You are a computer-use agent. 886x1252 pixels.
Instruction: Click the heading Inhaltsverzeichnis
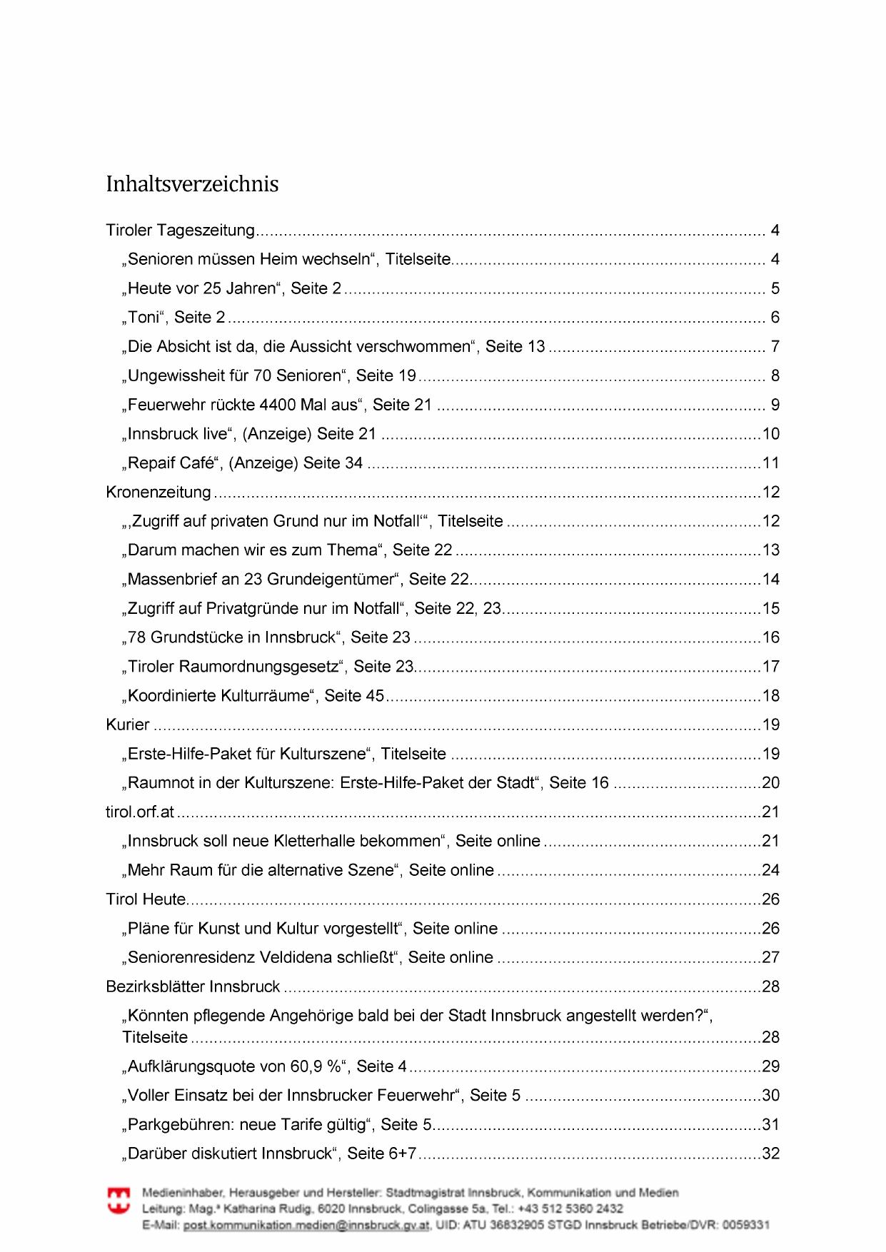pyautogui.click(x=192, y=184)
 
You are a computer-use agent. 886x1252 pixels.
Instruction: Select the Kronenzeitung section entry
pyautogui.click(x=158, y=492)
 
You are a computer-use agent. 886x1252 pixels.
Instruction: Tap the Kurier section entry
pyautogui.click(x=128, y=725)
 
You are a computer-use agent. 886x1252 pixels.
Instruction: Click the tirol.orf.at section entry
pyautogui.click(x=140, y=812)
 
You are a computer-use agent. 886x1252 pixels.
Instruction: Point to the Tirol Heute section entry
pyautogui.click(x=146, y=899)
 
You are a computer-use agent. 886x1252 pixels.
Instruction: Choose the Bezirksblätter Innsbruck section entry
pyautogui.click(x=193, y=986)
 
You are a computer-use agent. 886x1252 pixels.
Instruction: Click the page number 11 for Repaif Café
pyautogui.click(x=770, y=463)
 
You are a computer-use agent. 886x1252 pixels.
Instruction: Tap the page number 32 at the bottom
pyautogui.click(x=770, y=1153)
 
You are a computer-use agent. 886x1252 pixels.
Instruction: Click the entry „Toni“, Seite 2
pyautogui.click(x=174, y=318)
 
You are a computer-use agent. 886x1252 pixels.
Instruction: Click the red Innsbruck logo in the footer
pyautogui.click(x=119, y=1201)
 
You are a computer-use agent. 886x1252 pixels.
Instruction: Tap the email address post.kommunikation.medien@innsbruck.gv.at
pyautogui.click(x=306, y=1225)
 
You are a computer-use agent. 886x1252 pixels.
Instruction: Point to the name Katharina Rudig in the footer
pyautogui.click(x=268, y=1208)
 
